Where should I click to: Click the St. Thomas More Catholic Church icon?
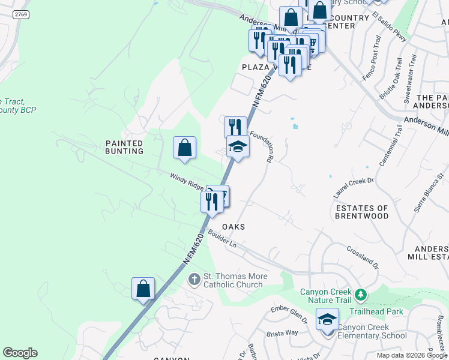pyautogui.click(x=194, y=279)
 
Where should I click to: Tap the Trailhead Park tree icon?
pyautogui.click(x=360, y=295)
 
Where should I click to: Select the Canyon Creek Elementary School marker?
pyautogui.click(x=328, y=320)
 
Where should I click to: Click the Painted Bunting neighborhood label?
pyautogui.click(x=124, y=147)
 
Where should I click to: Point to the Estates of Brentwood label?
pyautogui.click(x=362, y=212)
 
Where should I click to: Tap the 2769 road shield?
pyautogui.click(x=21, y=14)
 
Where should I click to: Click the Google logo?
pyautogui.click(x=20, y=353)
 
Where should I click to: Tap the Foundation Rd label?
pyautogui.click(x=263, y=147)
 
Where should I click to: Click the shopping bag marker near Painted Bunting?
pyautogui.click(x=185, y=148)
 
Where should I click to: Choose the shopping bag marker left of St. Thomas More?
pyautogui.click(x=143, y=289)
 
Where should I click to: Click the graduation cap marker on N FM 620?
pyautogui.click(x=238, y=146)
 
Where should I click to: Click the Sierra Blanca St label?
pyautogui.click(x=426, y=195)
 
